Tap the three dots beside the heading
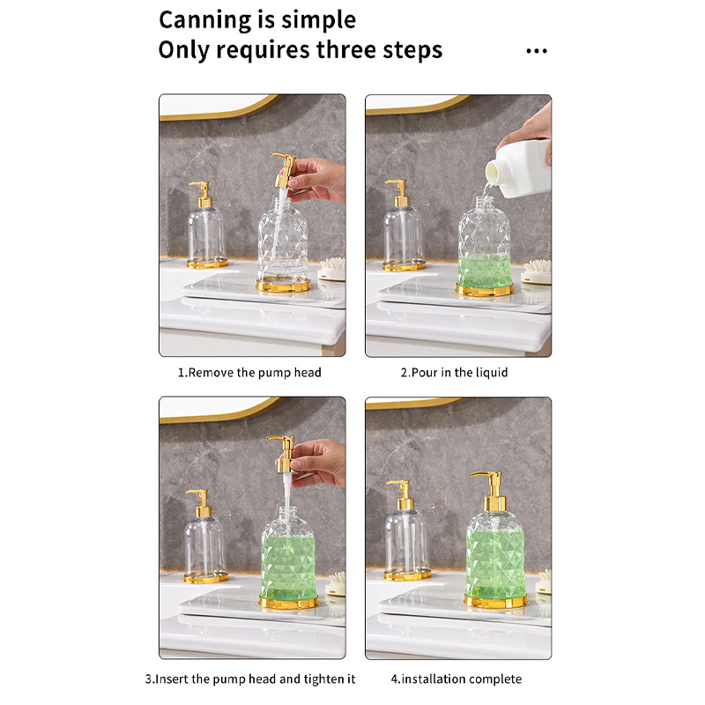pos(537,51)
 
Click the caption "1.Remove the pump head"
pos(249,373)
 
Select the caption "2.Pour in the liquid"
pos(454,373)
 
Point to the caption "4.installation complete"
pos(456,679)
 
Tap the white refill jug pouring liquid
pos(520,167)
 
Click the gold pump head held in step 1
pos(284,170)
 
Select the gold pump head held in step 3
pos(282,454)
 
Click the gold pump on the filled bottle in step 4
pos(492,492)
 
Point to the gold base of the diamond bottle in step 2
pos(484,290)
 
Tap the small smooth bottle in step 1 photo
pos(206,226)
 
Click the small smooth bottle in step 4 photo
pos(406,531)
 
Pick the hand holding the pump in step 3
pos(317,464)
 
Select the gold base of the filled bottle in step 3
pos(288,602)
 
